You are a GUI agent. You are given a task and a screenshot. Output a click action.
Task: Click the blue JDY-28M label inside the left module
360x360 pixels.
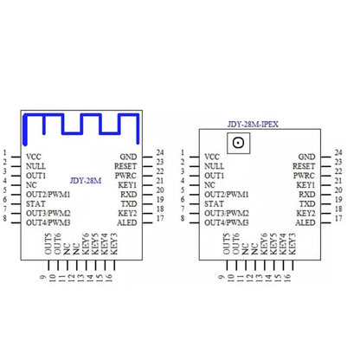pos(86,181)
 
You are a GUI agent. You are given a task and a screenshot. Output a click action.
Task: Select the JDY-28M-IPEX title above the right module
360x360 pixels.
pos(253,125)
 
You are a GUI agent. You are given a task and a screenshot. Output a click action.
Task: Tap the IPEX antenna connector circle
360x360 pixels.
pos(238,143)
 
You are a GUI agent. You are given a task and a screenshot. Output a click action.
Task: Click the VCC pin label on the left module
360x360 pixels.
pos(34,157)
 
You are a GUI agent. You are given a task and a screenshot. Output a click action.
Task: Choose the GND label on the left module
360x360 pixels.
pos(128,157)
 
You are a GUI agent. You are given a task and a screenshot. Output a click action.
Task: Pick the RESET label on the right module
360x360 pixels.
pos(304,166)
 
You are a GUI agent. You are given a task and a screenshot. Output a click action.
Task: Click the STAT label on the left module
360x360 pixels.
pos(35,204)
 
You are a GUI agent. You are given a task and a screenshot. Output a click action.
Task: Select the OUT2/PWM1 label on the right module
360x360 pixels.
pos(227,195)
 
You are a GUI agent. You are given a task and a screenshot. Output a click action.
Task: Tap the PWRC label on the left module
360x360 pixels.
pos(125,176)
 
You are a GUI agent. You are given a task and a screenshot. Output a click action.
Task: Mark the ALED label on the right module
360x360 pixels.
pos(305,222)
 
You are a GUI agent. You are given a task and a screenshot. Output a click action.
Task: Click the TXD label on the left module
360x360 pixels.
pos(129,204)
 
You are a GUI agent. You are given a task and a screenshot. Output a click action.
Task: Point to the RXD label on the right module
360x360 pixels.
pos(307,195)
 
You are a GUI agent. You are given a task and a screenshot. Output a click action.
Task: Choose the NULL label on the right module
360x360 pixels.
pos(214,166)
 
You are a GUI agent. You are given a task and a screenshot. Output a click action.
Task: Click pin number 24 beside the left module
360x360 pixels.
pos(160,152)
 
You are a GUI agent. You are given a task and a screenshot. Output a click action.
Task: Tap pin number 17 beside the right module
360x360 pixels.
pos(338,218)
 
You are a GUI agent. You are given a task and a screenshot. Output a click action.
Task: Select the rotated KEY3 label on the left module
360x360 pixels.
pos(113,244)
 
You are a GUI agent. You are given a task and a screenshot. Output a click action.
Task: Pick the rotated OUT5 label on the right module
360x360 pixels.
pos(227,244)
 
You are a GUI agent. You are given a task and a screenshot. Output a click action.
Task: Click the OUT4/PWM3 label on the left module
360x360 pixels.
pos(48,222)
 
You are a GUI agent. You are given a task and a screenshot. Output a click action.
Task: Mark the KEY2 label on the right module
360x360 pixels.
pos(305,214)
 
